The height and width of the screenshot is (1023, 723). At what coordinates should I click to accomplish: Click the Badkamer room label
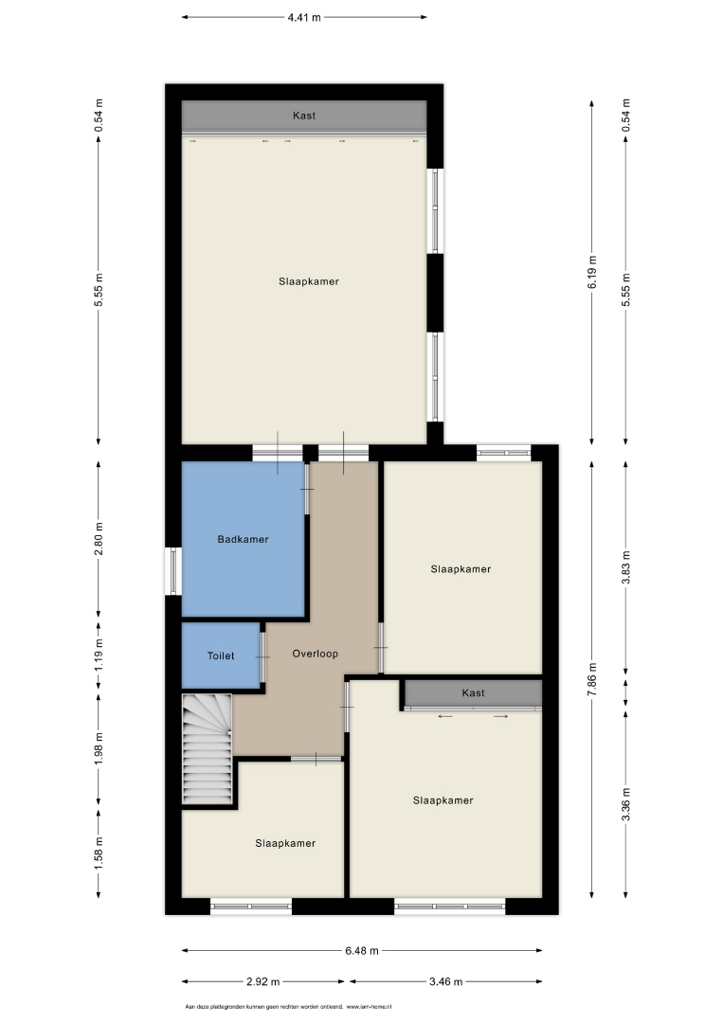(x=243, y=540)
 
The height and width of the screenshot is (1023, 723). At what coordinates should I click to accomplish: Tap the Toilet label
(x=221, y=655)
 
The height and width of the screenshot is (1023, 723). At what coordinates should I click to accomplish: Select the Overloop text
(x=316, y=654)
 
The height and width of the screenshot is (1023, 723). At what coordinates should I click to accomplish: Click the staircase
(x=207, y=749)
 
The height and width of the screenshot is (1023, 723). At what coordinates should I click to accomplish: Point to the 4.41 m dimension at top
(x=304, y=18)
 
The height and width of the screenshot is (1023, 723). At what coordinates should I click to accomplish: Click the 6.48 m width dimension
(x=362, y=951)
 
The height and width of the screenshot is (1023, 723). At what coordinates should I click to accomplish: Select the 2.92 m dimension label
(x=263, y=981)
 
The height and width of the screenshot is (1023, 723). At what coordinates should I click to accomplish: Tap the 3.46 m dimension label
(x=446, y=981)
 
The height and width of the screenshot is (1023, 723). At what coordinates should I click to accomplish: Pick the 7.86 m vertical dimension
(x=592, y=679)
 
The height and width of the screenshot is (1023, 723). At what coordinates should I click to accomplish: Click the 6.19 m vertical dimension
(x=592, y=272)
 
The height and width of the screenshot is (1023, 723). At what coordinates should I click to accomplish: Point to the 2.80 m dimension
(x=99, y=539)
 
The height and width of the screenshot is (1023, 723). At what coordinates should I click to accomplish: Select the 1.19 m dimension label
(x=99, y=655)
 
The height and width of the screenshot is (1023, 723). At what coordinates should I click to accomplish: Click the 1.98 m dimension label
(x=99, y=749)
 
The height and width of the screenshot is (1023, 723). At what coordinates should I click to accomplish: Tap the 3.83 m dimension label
(x=625, y=568)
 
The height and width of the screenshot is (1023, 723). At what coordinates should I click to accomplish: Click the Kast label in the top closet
(x=304, y=116)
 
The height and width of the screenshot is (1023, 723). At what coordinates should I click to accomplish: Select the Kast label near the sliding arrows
(x=473, y=692)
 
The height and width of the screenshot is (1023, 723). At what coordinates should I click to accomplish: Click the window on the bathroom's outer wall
(x=172, y=571)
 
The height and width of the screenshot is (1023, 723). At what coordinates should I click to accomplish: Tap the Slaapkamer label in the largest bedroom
(x=309, y=282)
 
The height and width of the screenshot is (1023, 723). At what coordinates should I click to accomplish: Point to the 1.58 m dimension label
(x=99, y=852)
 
